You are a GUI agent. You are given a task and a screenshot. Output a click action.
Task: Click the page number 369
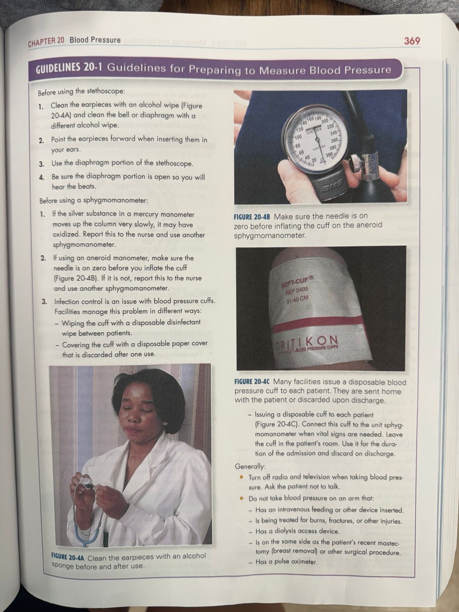pos(412,41)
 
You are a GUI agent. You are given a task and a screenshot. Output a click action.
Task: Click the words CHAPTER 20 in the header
pos(46,42)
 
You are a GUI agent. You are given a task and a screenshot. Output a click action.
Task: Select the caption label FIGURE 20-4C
pos(254,381)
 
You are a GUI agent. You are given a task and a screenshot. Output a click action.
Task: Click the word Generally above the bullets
pos(250,466)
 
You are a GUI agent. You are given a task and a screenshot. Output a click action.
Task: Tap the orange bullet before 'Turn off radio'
pos(242,477)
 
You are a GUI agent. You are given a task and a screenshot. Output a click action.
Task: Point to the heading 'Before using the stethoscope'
pos(81,91)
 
